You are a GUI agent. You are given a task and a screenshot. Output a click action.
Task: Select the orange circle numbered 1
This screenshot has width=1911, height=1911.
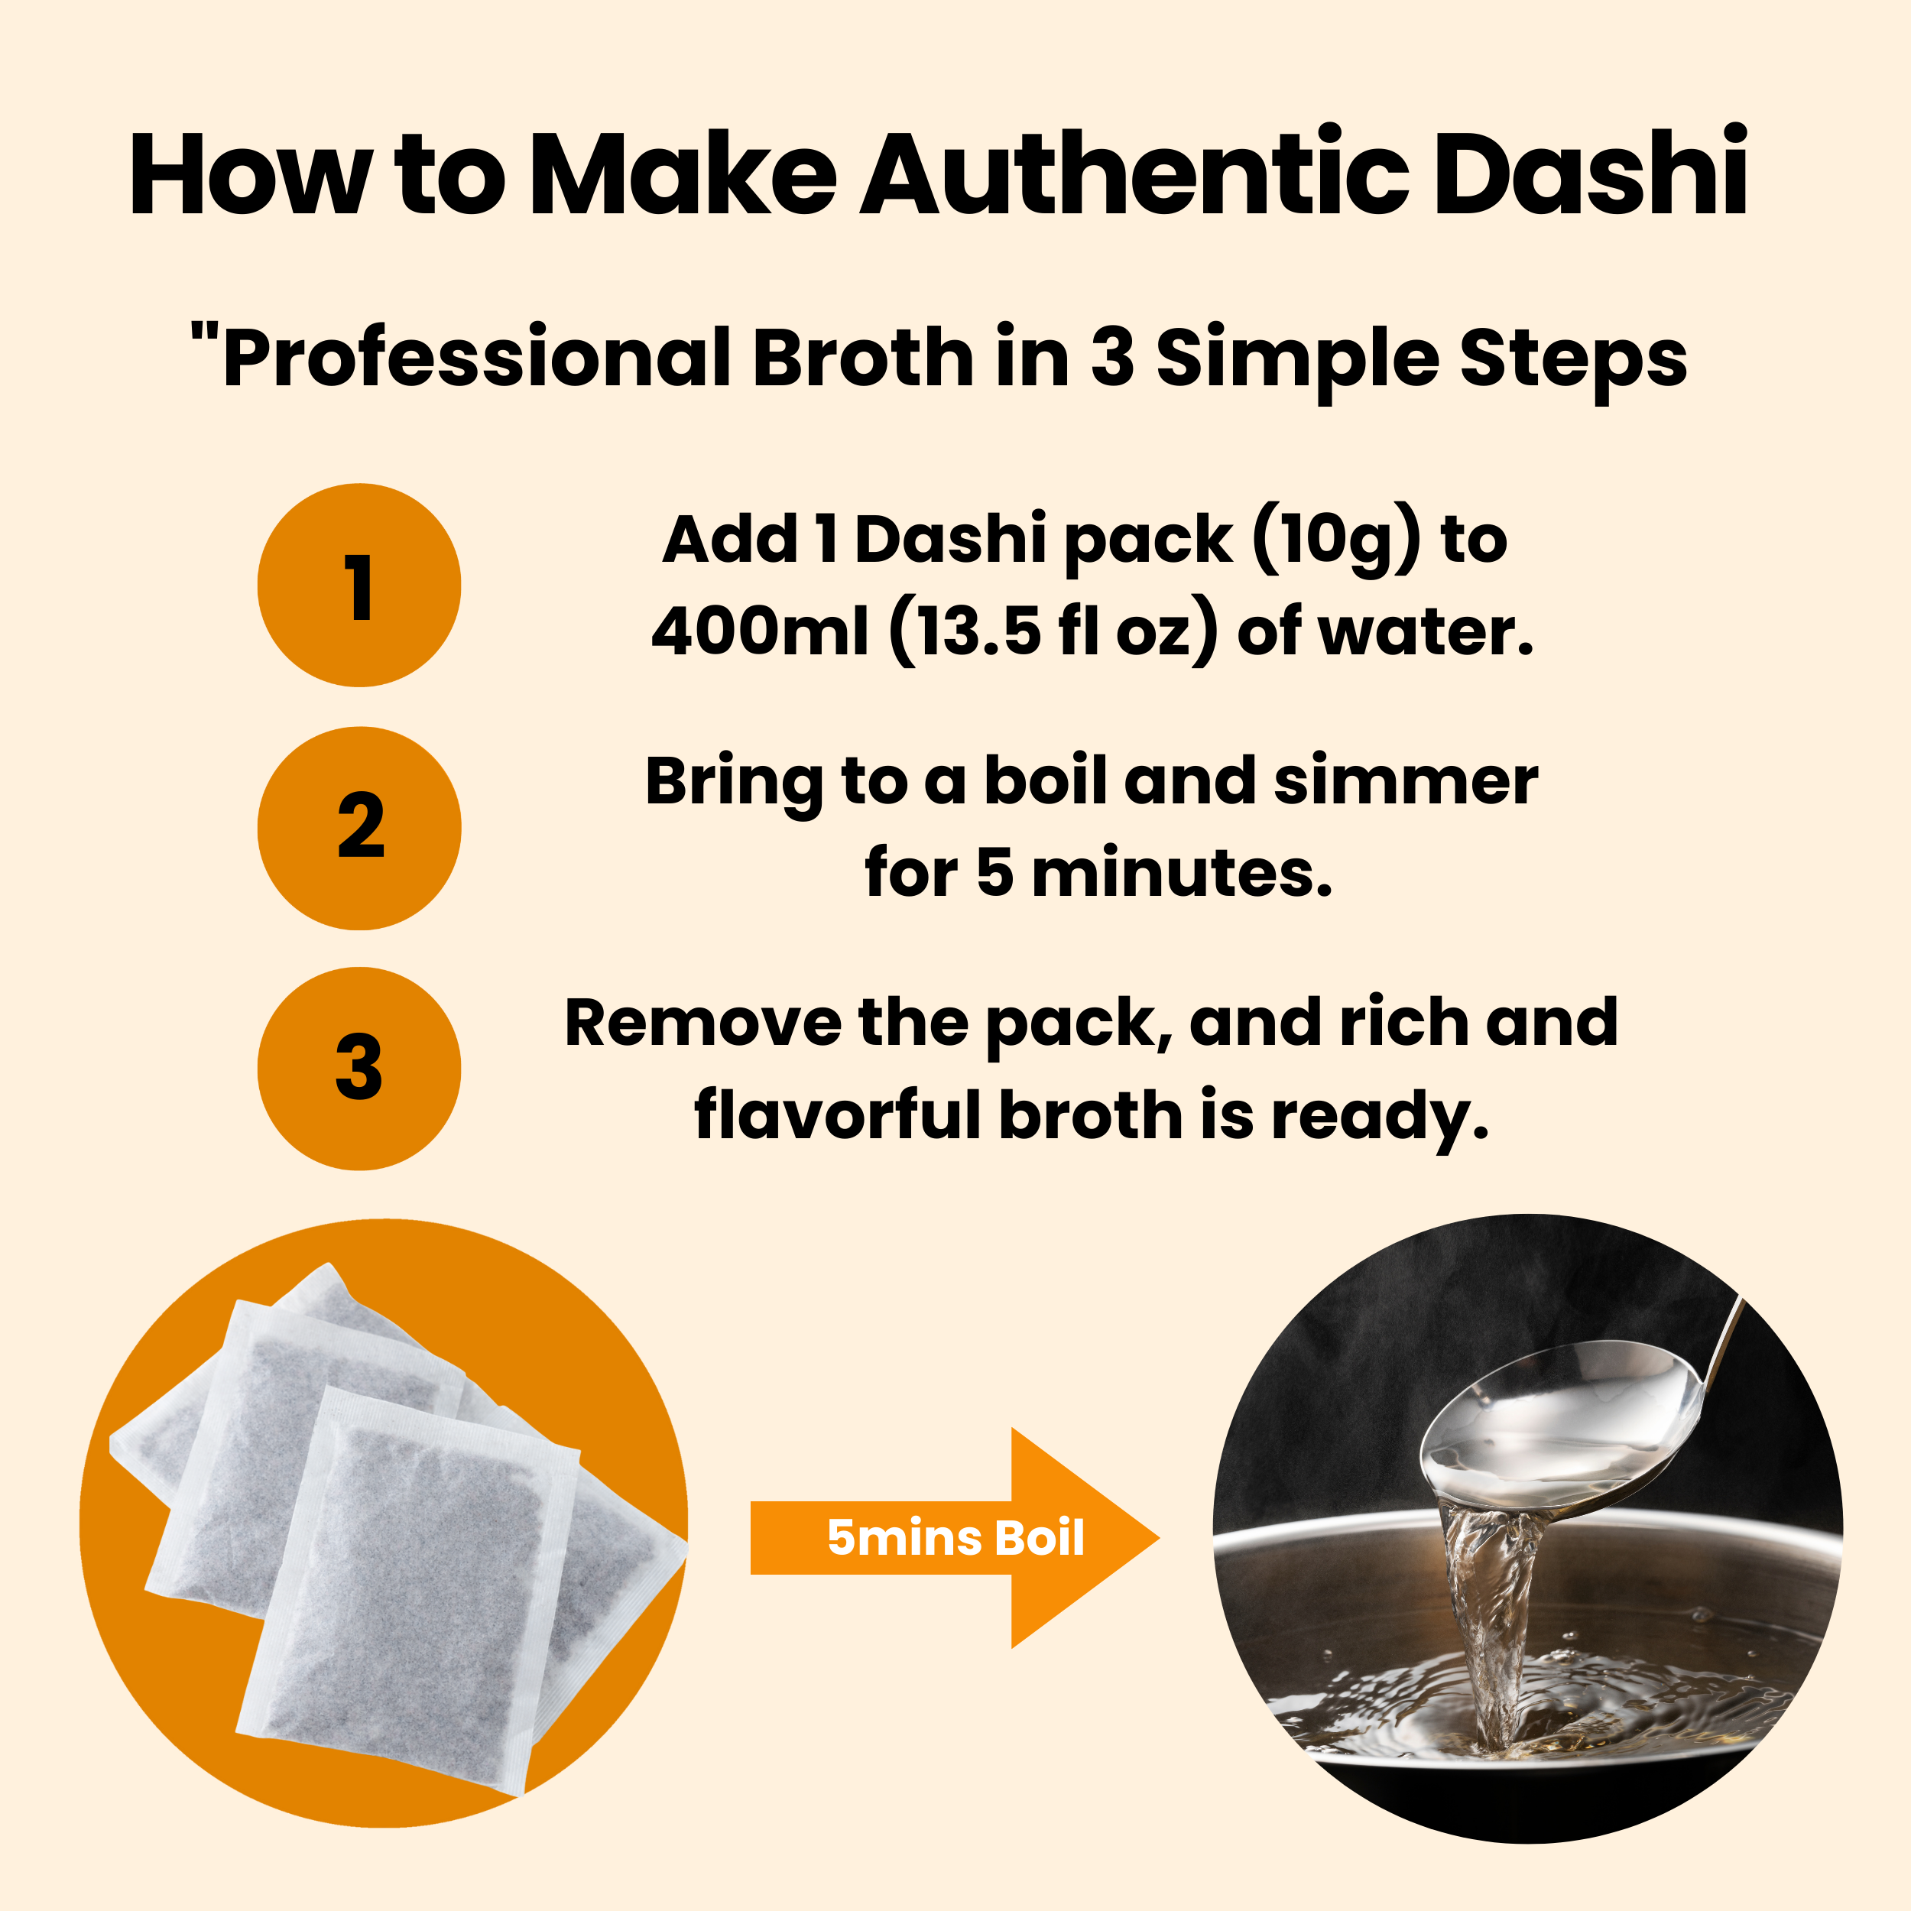point(359,586)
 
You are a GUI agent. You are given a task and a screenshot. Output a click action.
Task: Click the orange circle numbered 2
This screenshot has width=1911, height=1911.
point(359,828)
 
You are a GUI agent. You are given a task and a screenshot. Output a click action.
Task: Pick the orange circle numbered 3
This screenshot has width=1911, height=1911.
point(359,1069)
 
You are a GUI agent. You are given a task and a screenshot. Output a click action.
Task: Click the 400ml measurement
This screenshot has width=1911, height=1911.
point(760,632)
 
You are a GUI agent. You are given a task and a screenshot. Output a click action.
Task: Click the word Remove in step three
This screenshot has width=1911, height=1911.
point(702,1024)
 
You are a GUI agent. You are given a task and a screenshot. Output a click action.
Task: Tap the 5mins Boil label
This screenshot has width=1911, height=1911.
point(955,1538)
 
